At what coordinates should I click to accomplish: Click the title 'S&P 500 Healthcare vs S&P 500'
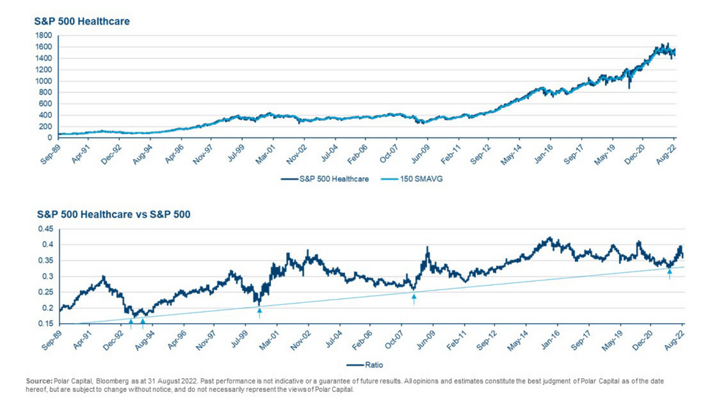tap(114, 214)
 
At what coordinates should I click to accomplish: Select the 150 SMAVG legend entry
tap(412, 178)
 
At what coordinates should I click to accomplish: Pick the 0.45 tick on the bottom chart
tap(46, 229)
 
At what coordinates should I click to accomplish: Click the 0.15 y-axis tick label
tap(46, 324)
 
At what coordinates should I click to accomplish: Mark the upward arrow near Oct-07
tap(414, 299)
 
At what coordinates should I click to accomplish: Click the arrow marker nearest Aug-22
tap(670, 274)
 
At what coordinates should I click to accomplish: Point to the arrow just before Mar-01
tap(259, 313)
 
